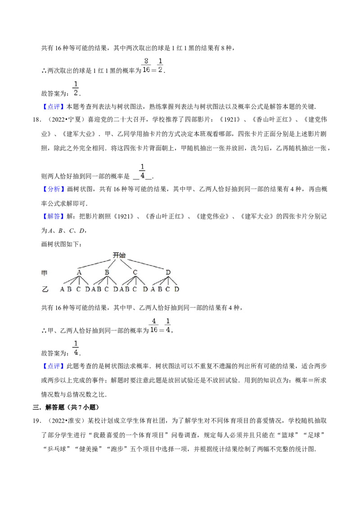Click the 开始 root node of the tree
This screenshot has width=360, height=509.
(x=119, y=255)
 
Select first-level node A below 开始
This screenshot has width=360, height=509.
(x=79, y=272)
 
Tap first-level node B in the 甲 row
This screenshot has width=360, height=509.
(x=107, y=272)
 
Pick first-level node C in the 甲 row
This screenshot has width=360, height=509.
(x=135, y=272)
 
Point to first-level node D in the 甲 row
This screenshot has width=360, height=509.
(x=168, y=272)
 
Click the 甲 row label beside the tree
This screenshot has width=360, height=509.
(x=45, y=273)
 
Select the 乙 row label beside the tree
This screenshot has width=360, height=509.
(x=45, y=289)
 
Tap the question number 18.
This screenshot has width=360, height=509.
(x=37, y=120)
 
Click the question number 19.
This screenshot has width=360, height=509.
(x=37, y=421)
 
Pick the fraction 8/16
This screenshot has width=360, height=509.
(x=146, y=65)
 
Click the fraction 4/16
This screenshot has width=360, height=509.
(x=154, y=325)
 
